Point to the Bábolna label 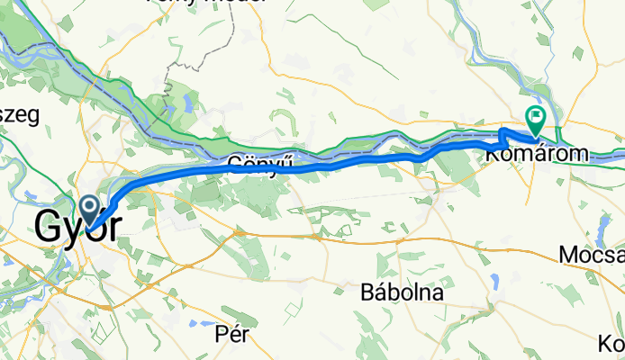401,292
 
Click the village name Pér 231,333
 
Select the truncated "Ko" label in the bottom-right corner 611,343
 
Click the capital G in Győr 50,225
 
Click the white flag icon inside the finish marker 537,115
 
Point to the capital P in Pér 220,333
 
